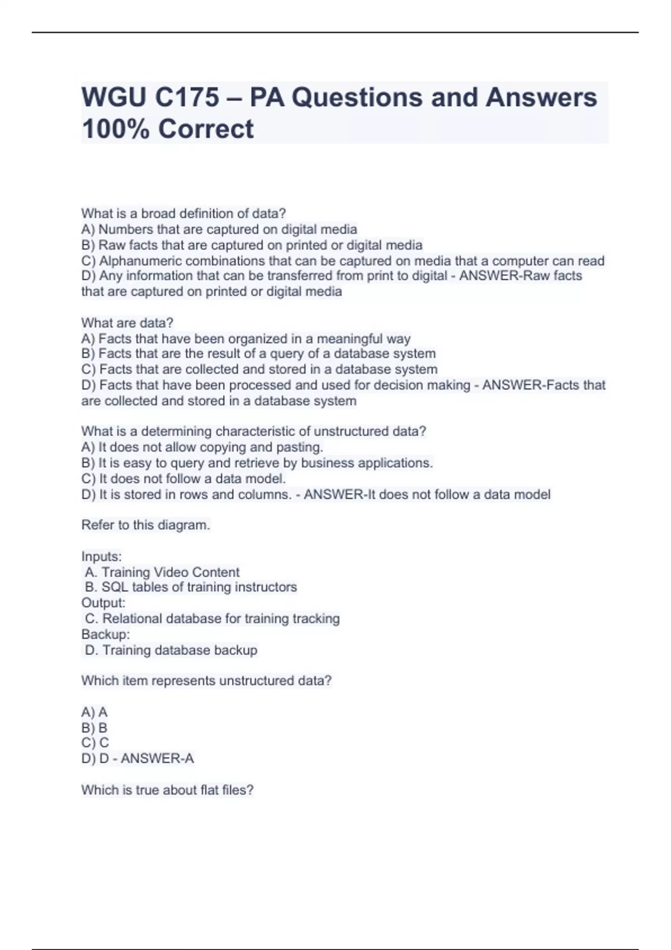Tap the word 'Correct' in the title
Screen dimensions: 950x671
[206, 129]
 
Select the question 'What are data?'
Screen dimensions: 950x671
[127, 323]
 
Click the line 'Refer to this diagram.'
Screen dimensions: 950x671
[145, 525]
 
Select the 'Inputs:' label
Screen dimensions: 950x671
[101, 557]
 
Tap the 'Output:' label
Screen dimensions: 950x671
[103, 603]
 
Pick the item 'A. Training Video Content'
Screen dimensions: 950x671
[162, 572]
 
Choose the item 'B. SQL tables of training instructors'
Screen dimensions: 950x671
[191, 587]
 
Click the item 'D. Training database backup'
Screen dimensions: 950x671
[171, 650]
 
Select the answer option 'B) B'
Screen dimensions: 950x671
[94, 728]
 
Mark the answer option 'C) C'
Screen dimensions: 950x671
[94, 743]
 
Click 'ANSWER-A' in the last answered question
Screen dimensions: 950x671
[157, 759]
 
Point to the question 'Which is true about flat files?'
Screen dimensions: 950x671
[167, 790]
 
